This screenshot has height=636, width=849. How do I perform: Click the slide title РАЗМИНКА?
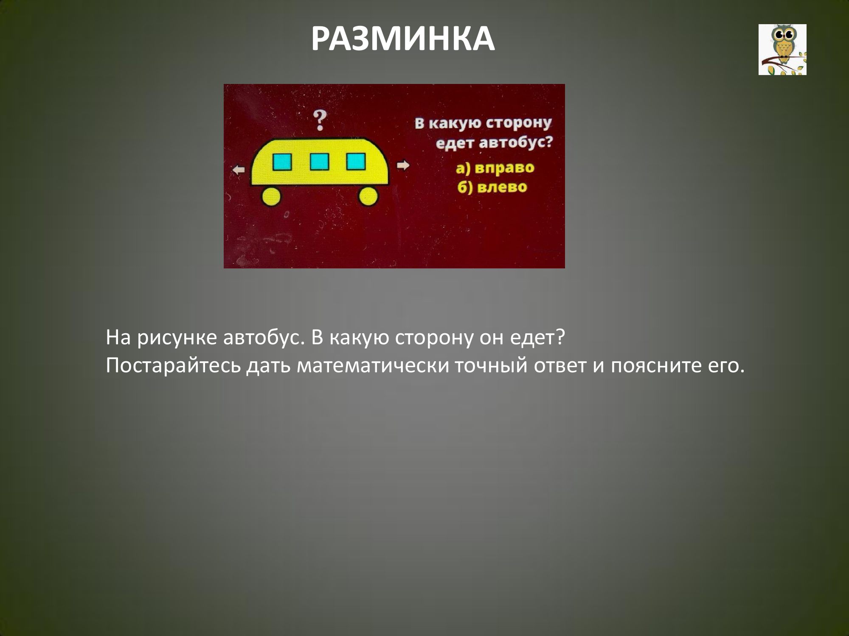coord(403,39)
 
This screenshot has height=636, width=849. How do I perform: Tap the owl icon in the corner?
coord(782,50)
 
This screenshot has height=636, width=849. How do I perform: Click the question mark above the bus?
coord(321,120)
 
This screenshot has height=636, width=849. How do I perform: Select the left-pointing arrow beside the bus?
coord(239,170)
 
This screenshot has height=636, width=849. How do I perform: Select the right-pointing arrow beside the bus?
coord(403,165)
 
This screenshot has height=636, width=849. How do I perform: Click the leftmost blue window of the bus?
coord(282,162)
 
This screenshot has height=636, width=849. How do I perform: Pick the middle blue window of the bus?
coord(319,162)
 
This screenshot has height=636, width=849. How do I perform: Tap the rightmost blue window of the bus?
coord(356,161)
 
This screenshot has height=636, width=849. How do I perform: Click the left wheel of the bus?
coord(271,196)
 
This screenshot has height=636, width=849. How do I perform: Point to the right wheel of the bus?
coord(368,196)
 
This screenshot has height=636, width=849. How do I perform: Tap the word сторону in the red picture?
coord(518,123)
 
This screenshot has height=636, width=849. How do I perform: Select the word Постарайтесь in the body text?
coord(173,366)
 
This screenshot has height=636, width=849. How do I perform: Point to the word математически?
coord(373,366)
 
